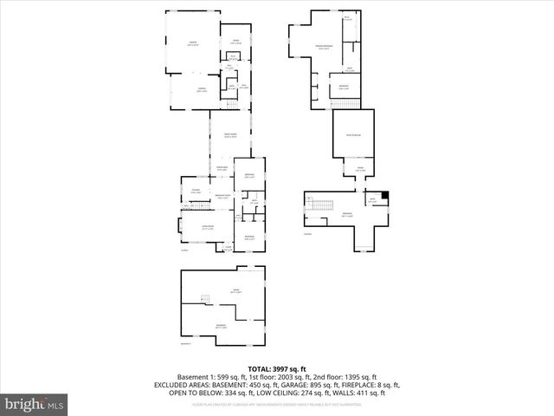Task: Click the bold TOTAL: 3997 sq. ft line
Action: [277, 369]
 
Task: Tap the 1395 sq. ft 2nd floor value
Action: [357, 377]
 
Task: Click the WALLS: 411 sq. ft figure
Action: [364, 393]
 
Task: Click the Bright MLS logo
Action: [35, 404]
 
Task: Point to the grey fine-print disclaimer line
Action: [277, 403]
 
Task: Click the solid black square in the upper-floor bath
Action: [385, 196]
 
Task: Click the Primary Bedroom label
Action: [325, 47]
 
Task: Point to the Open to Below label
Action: [353, 134]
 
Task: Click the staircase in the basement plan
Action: [205, 300]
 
